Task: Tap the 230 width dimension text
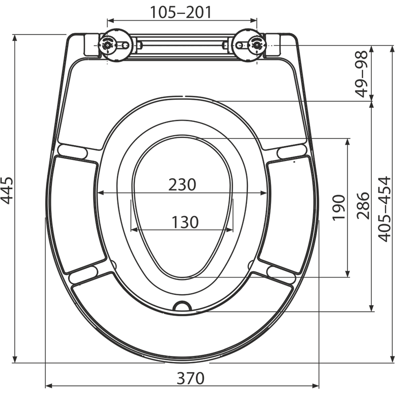coord(182,185)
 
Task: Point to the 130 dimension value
coord(183,222)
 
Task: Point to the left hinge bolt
coord(108,44)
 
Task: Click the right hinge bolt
coord(257,44)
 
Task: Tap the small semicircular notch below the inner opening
coord(182,306)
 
